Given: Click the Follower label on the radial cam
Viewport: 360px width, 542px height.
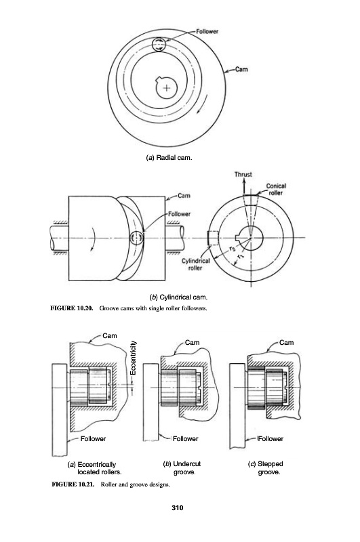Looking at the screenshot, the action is pyautogui.click(x=207, y=31).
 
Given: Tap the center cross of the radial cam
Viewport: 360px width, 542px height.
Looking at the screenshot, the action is pyautogui.click(x=167, y=88).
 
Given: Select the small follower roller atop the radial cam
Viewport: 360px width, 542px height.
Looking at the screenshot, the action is pyautogui.click(x=159, y=45).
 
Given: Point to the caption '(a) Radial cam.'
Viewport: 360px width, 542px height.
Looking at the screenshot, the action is pyautogui.click(x=168, y=158).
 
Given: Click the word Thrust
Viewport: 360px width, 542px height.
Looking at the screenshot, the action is pyautogui.click(x=243, y=175).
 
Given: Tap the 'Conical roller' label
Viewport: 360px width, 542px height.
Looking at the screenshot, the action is pyautogui.click(x=276, y=190).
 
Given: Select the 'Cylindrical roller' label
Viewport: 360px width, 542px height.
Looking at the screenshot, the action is pyautogui.click(x=195, y=264).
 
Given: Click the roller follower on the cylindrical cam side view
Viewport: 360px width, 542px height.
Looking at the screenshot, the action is pyautogui.click(x=137, y=238).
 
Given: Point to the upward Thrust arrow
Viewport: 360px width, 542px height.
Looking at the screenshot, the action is pyautogui.click(x=244, y=186).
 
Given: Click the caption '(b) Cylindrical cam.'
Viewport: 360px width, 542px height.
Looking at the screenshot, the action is pyautogui.click(x=178, y=297).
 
